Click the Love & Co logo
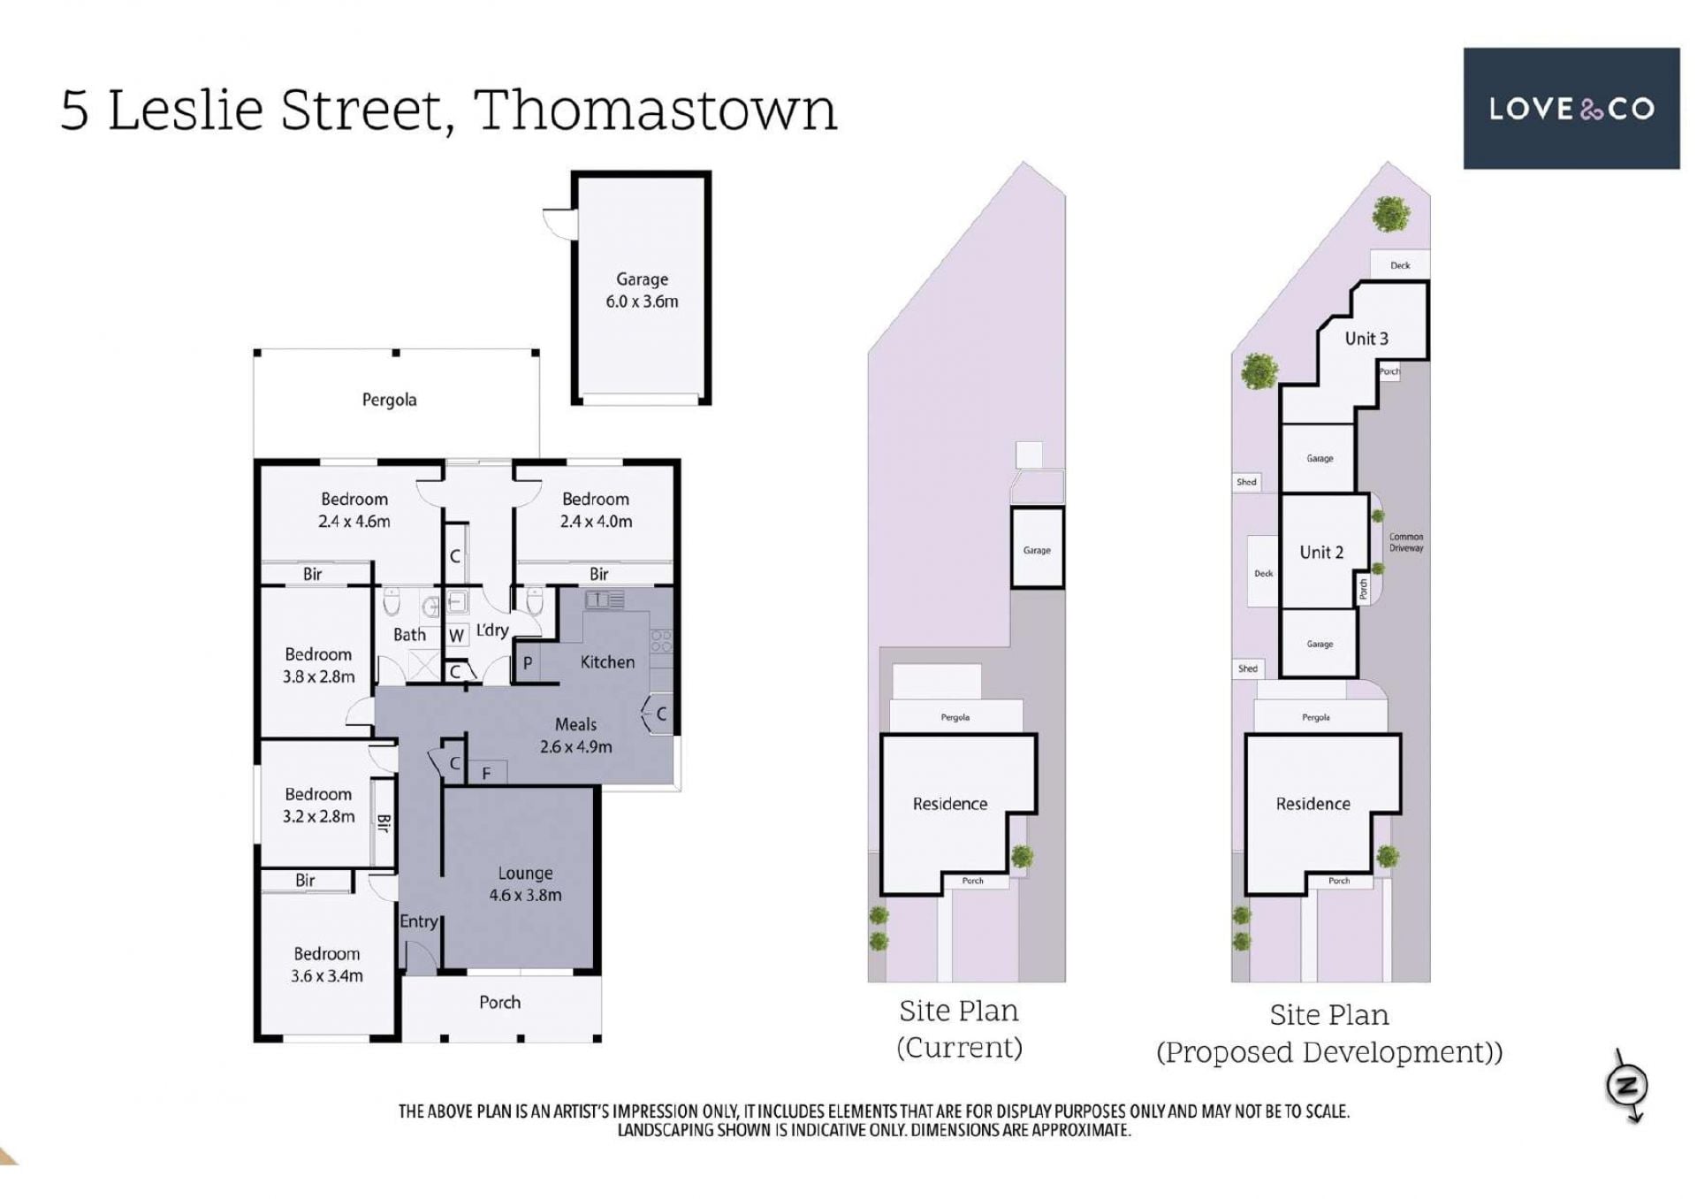click(1571, 108)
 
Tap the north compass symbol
click(1627, 1086)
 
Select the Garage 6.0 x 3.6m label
click(642, 290)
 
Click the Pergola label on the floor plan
click(389, 400)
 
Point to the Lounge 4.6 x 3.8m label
click(525, 884)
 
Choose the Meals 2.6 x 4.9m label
click(575, 736)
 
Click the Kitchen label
click(607, 661)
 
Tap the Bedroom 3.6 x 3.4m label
click(326, 965)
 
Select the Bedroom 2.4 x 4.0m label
click(596, 510)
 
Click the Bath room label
click(409, 635)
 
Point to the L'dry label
click(492, 630)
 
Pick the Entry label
click(418, 921)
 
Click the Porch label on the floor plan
click(499, 1002)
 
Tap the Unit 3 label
click(1366, 338)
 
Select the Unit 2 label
click(1321, 552)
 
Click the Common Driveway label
click(1405, 542)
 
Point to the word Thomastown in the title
click(655, 110)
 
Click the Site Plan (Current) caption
click(959, 1028)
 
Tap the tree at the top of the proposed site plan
click(1391, 214)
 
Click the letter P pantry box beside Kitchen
click(528, 663)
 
